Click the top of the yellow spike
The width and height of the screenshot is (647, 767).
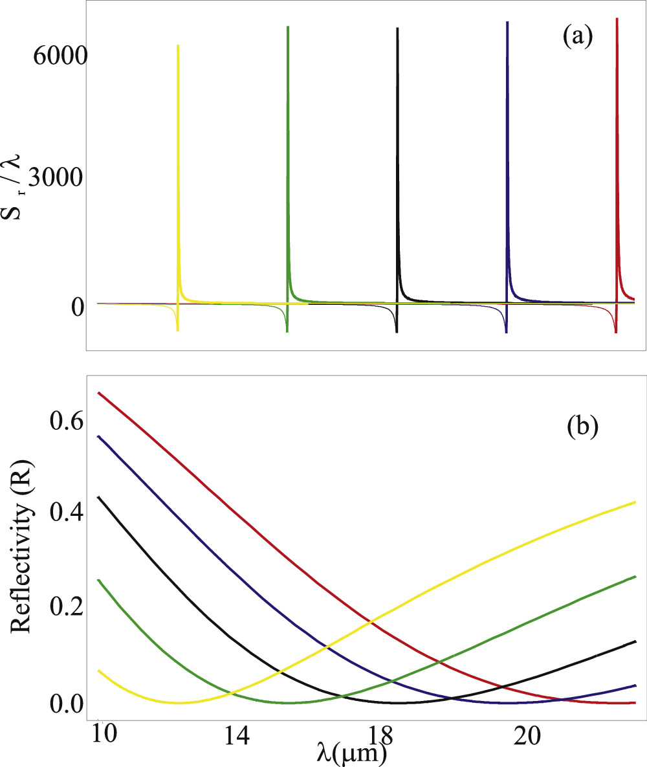pyautogui.click(x=178, y=46)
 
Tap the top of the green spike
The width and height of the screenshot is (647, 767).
pyautogui.click(x=287, y=27)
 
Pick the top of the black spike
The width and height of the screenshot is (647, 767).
pyautogui.click(x=397, y=28)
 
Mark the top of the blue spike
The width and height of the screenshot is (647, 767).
pyautogui.click(x=507, y=22)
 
